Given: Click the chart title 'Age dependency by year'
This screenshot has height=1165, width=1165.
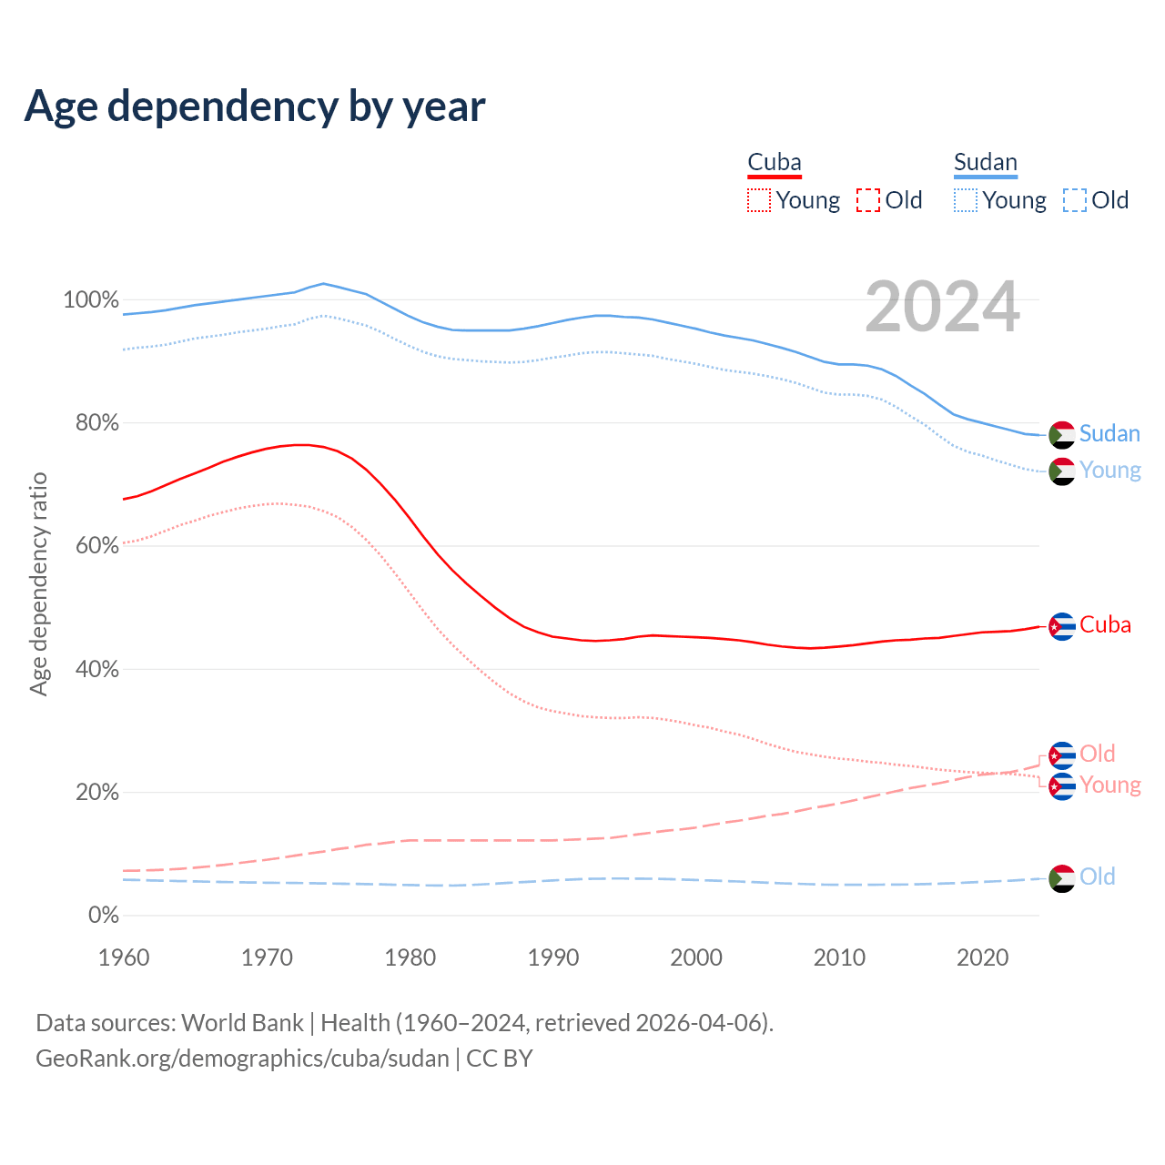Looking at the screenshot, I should tap(255, 106).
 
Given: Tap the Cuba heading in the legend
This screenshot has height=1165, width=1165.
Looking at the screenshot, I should tap(775, 163).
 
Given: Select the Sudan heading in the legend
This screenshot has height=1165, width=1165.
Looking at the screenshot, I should tap(985, 163).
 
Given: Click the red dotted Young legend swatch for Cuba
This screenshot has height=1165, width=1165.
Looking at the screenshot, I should tap(758, 200).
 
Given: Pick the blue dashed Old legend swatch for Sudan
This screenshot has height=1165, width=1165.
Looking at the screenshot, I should tap(1075, 200).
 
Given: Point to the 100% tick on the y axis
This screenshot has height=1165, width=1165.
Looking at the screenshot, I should tap(91, 300).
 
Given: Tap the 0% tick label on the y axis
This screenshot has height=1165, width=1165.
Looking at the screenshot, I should tap(103, 916).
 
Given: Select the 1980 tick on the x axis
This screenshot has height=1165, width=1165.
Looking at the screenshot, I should tap(410, 957).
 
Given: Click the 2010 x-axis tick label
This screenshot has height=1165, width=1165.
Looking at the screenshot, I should tap(839, 957).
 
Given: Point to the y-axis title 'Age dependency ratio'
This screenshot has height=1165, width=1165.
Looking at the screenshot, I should tap(38, 583).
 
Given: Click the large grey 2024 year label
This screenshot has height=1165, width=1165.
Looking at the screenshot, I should tap(942, 308).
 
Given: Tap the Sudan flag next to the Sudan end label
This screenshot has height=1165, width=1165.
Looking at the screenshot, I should tap(1062, 435).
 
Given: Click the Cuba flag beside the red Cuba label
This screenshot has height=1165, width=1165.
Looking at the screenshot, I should tap(1062, 626).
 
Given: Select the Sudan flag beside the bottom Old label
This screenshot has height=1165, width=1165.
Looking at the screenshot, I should tap(1062, 878).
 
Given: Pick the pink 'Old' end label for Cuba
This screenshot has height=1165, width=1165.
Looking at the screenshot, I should tap(1097, 754).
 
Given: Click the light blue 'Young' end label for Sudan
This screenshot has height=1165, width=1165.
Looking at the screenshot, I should tap(1109, 471).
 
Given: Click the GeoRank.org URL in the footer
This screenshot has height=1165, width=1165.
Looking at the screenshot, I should tap(242, 1059).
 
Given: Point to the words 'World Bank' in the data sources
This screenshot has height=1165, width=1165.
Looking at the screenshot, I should tap(242, 1023).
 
